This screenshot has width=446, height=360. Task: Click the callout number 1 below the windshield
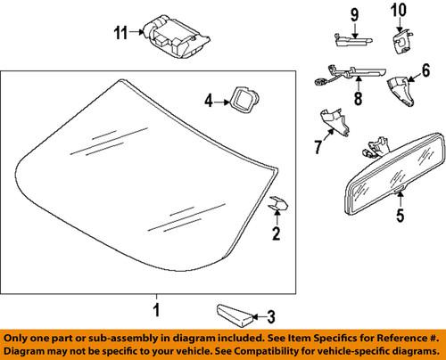point(155,311)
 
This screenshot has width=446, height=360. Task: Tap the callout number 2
point(277,234)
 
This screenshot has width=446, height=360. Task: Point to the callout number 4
point(208,102)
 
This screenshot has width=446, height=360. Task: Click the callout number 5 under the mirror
point(399,214)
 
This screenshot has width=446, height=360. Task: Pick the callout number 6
point(425,70)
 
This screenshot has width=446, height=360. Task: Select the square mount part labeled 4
point(243,99)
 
